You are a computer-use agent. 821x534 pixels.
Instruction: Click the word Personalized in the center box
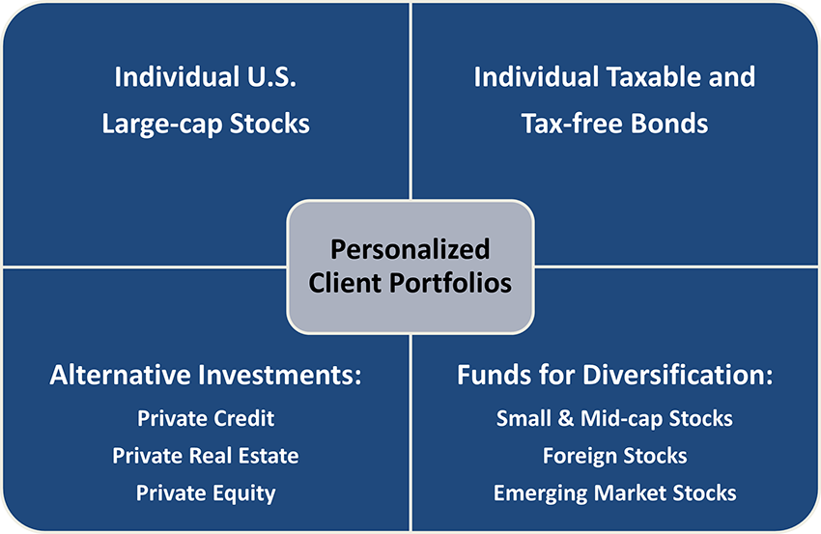click(410, 249)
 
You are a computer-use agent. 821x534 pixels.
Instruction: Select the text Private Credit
click(206, 418)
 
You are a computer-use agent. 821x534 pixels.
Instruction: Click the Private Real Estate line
click(206, 456)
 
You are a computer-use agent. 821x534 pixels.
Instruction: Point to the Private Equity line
click(206, 493)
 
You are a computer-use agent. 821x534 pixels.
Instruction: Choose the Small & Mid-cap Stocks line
click(614, 418)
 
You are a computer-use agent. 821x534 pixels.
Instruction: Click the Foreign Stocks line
click(614, 456)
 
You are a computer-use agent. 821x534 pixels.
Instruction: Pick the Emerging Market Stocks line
click(614, 493)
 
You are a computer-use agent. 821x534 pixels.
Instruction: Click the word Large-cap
click(162, 125)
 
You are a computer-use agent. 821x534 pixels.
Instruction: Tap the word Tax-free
click(572, 124)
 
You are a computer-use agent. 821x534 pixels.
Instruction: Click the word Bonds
click(669, 124)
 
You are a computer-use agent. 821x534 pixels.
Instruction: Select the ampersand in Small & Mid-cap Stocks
click(565, 418)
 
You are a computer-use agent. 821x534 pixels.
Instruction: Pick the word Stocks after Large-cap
click(269, 124)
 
